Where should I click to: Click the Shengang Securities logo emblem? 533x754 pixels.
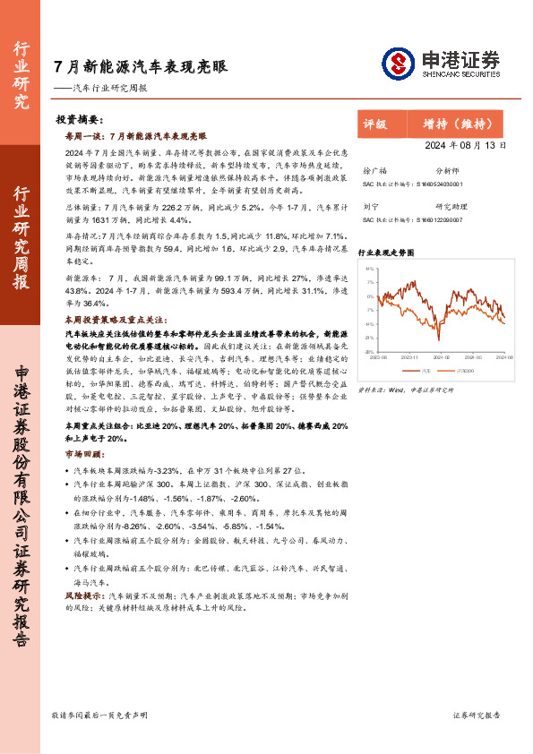pyautogui.click(x=398, y=64)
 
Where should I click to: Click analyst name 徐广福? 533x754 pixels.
pyautogui.click(x=375, y=169)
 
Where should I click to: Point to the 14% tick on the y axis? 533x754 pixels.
pyautogui.click(x=369, y=268)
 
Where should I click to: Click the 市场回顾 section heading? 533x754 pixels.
pyautogui.click(x=78, y=454)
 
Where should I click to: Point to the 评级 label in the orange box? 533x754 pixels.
pyautogui.click(x=375, y=124)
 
